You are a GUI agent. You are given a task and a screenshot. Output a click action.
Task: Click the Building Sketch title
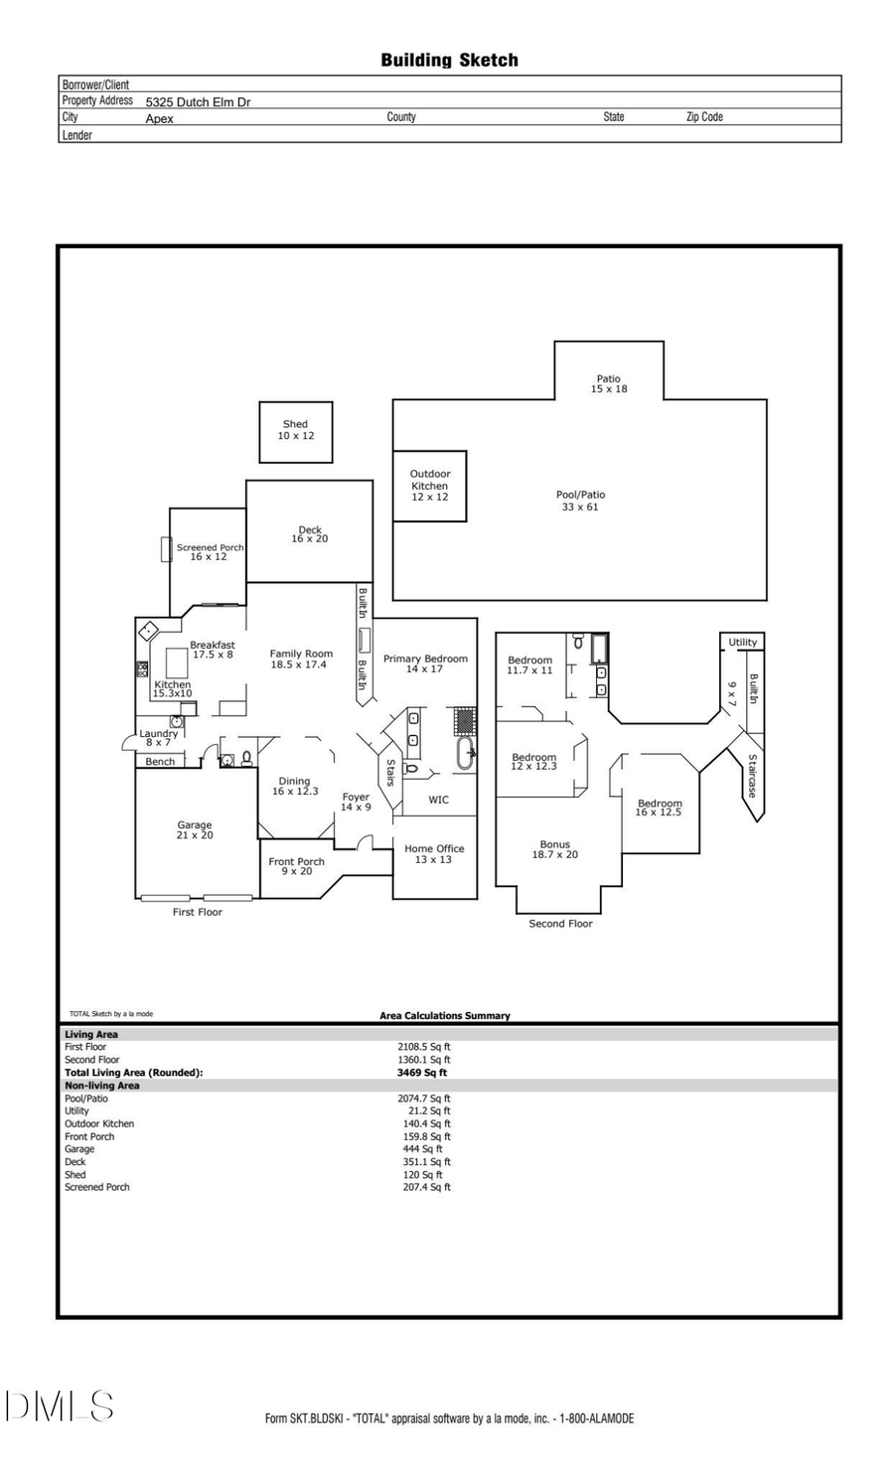[x=449, y=61]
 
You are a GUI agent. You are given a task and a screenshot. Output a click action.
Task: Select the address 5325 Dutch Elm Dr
[x=198, y=101]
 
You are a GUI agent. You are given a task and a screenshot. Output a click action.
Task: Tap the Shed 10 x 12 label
[x=295, y=430]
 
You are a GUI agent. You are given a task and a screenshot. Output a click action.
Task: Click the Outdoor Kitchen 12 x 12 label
[x=430, y=485]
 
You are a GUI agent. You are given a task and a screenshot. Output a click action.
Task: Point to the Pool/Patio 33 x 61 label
[x=580, y=501]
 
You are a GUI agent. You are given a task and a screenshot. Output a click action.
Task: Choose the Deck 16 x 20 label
[x=309, y=534]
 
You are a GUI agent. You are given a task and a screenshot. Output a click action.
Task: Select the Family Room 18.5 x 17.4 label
[x=301, y=660]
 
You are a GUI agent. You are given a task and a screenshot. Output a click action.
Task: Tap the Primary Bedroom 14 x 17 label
[x=425, y=663]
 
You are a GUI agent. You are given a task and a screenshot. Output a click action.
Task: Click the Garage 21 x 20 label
[x=195, y=830]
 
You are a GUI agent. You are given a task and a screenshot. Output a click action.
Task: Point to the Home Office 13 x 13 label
[x=434, y=854]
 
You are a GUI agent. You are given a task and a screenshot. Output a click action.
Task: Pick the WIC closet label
[x=438, y=800]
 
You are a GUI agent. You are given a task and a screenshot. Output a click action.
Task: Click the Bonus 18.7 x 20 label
[x=555, y=849]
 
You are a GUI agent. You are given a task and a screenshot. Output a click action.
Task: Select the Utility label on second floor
[x=742, y=643]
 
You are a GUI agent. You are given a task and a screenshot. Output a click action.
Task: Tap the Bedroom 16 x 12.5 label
[x=660, y=808]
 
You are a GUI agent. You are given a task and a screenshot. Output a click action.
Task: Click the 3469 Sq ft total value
[x=422, y=1073]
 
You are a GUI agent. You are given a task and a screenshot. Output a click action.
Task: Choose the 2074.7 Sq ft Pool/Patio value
[x=424, y=1099]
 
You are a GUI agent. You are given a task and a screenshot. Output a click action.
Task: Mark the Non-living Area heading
[x=102, y=1086]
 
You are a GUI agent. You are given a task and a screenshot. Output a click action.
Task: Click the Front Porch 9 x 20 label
[x=296, y=866]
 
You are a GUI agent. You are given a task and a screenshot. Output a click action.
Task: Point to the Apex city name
[x=159, y=118]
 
